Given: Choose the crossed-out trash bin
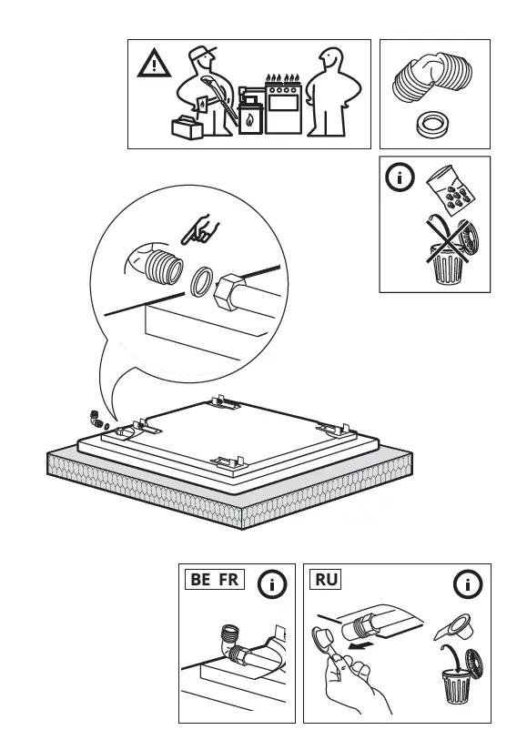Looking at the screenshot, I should pyautogui.click(x=450, y=254).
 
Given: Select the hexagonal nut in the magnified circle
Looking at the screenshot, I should pyautogui.click(x=228, y=298).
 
